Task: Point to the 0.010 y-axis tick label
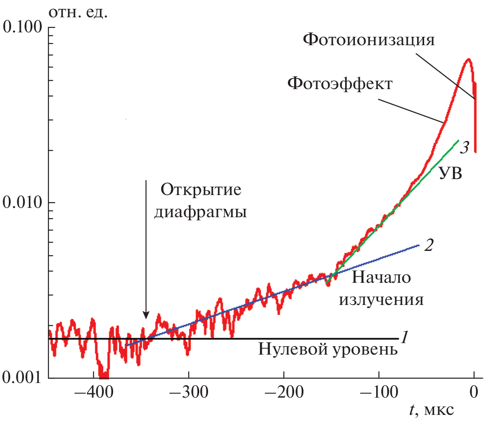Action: tap(23, 203)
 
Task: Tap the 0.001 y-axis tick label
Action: tap(23, 378)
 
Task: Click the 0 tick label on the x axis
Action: tap(474, 392)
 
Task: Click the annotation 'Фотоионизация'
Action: tap(368, 40)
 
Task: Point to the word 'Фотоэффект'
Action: tap(340, 83)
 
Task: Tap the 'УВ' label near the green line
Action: tap(451, 173)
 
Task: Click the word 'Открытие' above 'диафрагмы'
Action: tap(201, 191)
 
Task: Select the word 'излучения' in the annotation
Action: tap(381, 300)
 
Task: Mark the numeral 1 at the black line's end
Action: tap(404, 338)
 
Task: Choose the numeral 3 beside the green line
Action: tap(464, 147)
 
